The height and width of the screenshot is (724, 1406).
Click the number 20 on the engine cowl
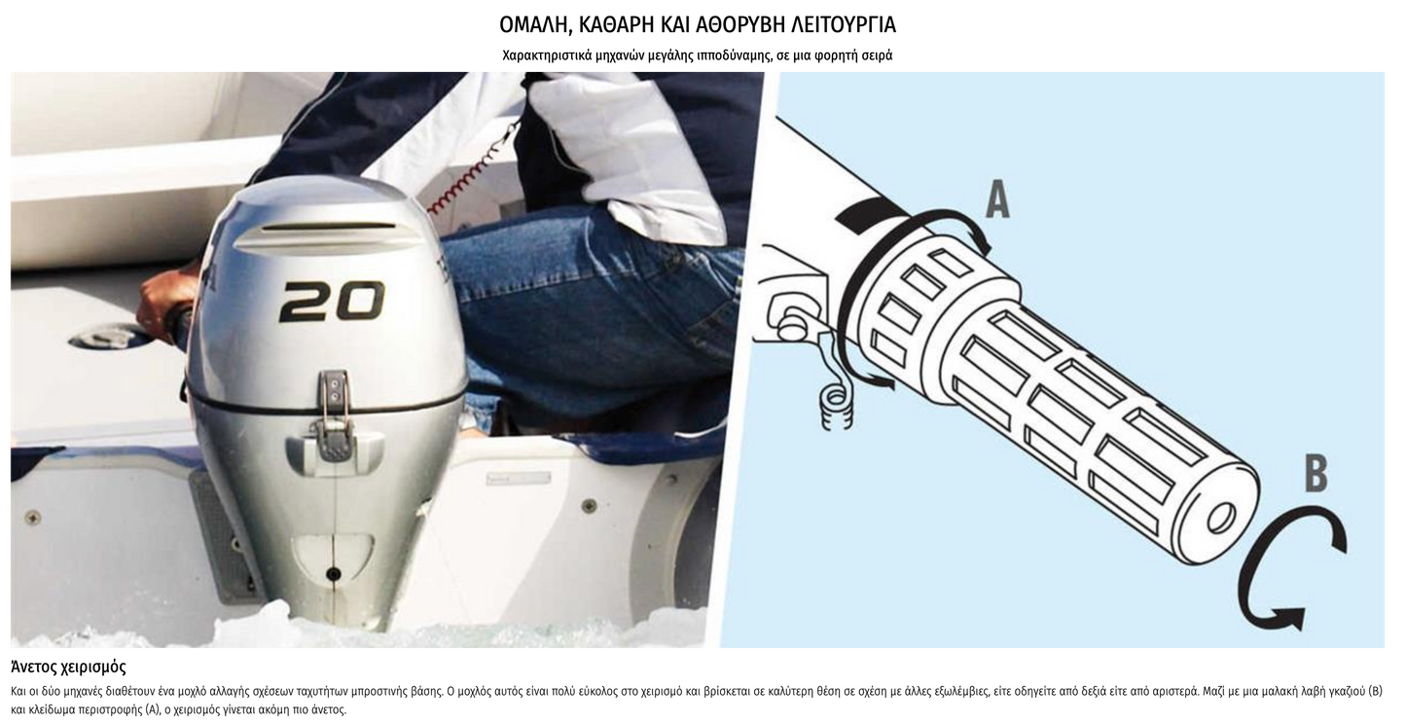pos(332,302)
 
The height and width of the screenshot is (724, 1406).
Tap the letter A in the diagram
pos(997,199)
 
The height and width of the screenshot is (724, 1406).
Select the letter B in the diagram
pos(1316,474)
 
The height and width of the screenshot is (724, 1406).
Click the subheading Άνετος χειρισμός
pos(68,667)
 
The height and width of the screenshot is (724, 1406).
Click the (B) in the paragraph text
pos(1374,691)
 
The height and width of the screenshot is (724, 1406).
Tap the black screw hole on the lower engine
pos(334,573)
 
